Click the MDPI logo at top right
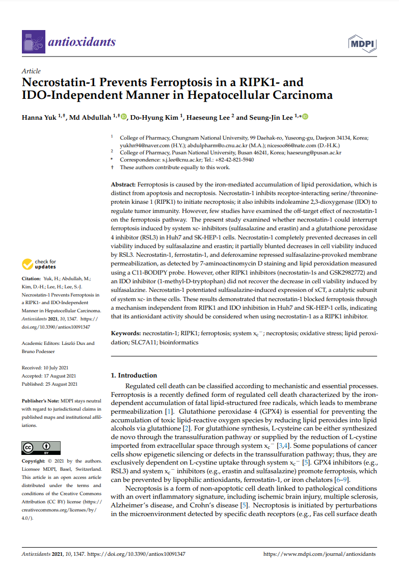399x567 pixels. tap(362, 44)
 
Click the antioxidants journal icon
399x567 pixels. tap(34, 41)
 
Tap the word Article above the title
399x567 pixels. tap(31, 71)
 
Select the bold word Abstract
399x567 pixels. tap(123, 184)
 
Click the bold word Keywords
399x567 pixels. tap(126, 333)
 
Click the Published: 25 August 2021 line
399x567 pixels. tap(50, 384)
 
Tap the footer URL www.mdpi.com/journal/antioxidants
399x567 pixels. tap(320, 554)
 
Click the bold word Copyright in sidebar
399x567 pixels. tap(34, 461)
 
